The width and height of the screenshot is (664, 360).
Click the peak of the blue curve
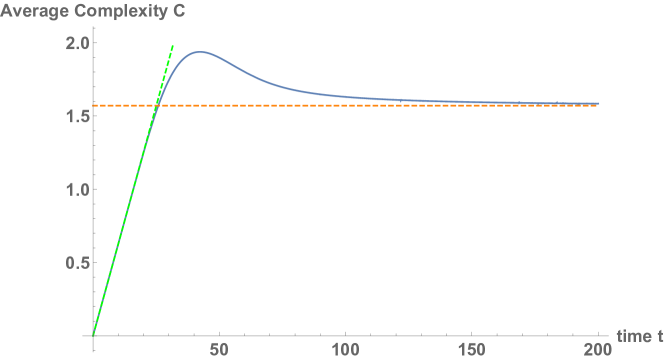200,52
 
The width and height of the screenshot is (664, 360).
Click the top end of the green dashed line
173,45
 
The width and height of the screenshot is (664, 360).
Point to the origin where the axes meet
93,335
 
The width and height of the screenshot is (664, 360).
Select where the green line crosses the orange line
157,105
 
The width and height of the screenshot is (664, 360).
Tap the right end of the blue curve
598,103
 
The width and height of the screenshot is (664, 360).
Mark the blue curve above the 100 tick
345,97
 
